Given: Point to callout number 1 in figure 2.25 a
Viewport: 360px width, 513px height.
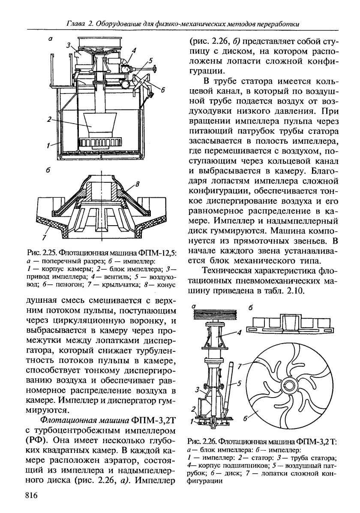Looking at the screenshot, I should tap(50, 146).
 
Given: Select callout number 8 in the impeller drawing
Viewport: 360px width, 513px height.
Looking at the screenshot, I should tap(138, 184).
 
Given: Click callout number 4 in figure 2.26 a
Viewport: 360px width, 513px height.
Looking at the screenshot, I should tap(240, 332).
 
